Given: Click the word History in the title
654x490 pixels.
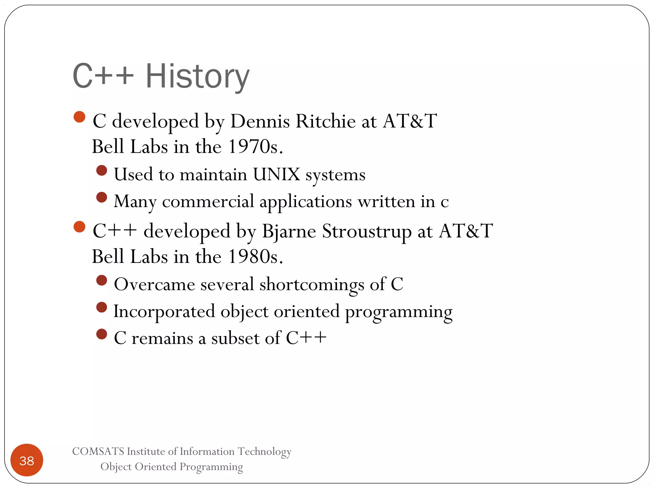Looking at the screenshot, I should tap(197, 77).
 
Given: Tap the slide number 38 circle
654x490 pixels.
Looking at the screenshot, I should tap(27, 460).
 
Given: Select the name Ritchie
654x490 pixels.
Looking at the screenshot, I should tap(325, 122).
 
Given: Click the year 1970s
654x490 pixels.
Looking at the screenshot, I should tap(255, 147).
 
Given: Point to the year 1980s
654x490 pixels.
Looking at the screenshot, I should tap(255, 257).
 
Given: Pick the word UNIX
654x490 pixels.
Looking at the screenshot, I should tap(277, 175).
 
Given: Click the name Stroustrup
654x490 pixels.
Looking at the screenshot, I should tap(367, 231).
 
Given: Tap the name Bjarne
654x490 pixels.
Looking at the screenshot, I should tap(289, 231).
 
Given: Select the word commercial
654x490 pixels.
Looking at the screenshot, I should tap(208, 202).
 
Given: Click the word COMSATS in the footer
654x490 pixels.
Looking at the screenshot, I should tap(98, 451).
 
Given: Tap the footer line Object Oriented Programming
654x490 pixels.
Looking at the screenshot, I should tap(171, 467).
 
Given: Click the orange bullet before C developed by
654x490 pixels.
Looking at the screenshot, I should tap(79, 117).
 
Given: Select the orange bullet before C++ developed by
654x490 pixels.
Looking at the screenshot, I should tap(79, 227).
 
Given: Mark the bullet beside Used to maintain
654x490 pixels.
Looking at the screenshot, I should tap(102, 170).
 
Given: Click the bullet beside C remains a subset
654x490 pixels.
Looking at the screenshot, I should tap(102, 334).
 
